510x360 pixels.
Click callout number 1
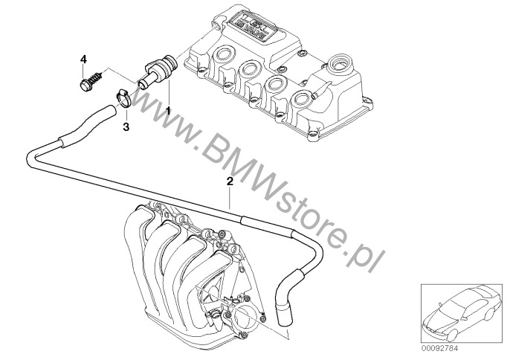168,110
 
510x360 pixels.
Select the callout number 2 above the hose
230,181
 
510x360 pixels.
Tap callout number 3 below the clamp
126,127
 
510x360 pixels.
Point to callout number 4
83,58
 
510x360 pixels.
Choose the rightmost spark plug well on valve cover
303,97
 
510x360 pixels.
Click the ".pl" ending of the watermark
367,260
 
